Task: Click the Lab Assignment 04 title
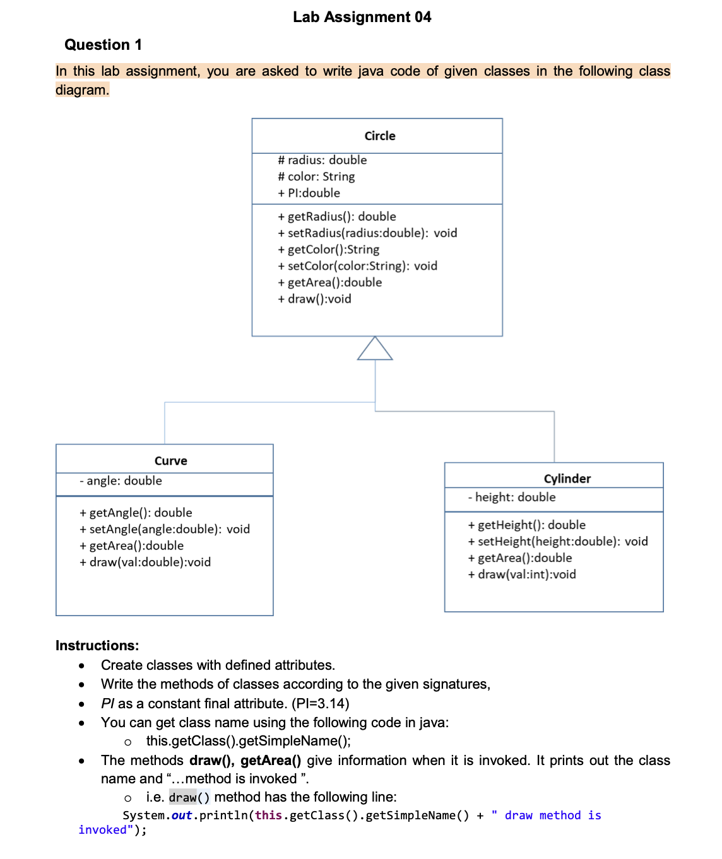coord(362,17)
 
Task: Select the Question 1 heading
coord(103,45)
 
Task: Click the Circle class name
coord(380,136)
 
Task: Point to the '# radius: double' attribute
coord(322,160)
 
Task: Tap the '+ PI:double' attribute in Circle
coord(309,193)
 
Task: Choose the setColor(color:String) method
coord(357,266)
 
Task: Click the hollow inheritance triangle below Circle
coord(375,349)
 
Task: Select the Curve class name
coord(170,461)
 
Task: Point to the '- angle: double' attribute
coord(121,481)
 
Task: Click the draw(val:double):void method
coord(145,562)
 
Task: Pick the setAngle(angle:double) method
coord(165,529)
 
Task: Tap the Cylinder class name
coord(567,479)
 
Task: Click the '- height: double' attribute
coord(512,497)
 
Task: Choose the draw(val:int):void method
coord(522,575)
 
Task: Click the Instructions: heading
coord(97,645)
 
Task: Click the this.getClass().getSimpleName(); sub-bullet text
coord(249,741)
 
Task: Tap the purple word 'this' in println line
coord(268,815)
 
